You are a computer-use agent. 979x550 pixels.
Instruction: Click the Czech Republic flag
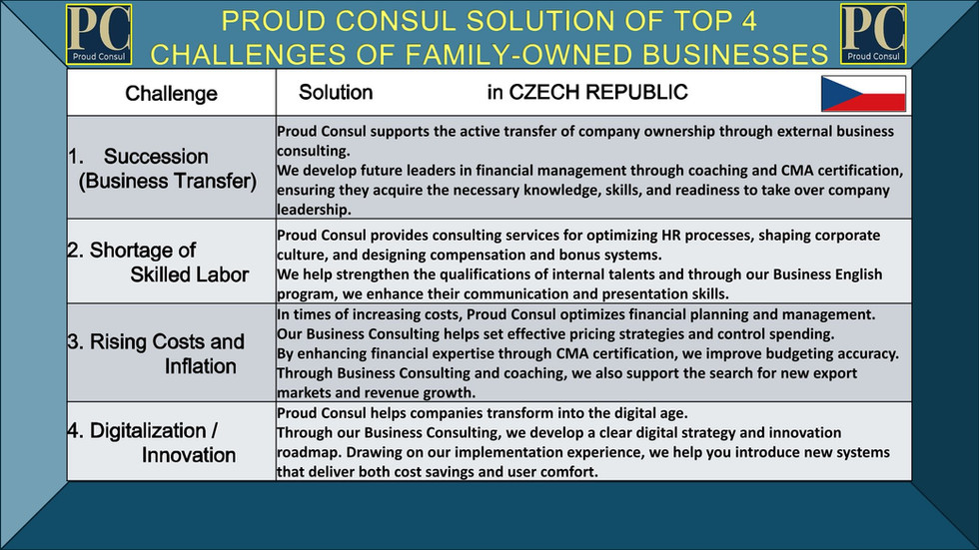pos(863,94)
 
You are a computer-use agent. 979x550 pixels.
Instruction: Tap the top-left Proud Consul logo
pos(98,35)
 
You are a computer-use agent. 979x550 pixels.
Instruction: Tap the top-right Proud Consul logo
pos(873,35)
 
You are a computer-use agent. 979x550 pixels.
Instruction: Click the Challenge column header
pos(171,94)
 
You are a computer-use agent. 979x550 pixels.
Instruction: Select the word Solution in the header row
pos(336,93)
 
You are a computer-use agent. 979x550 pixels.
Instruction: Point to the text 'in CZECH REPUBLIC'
pos(587,93)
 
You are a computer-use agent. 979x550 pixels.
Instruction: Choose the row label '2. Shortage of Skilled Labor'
pos(158,262)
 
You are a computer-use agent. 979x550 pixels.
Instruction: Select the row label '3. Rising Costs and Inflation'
pos(156,353)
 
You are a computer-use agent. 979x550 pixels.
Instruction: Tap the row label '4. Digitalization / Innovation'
pos(153,443)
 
